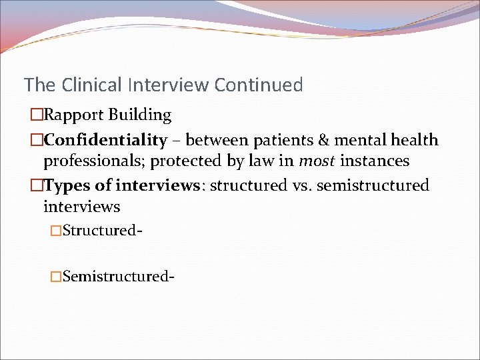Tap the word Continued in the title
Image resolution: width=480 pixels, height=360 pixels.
point(259,85)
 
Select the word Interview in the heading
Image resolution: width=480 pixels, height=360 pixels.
point(168,85)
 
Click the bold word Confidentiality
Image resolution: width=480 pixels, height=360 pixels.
point(105,140)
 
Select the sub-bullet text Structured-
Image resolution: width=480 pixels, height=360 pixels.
point(101,231)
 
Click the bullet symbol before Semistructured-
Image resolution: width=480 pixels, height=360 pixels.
point(57,276)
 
